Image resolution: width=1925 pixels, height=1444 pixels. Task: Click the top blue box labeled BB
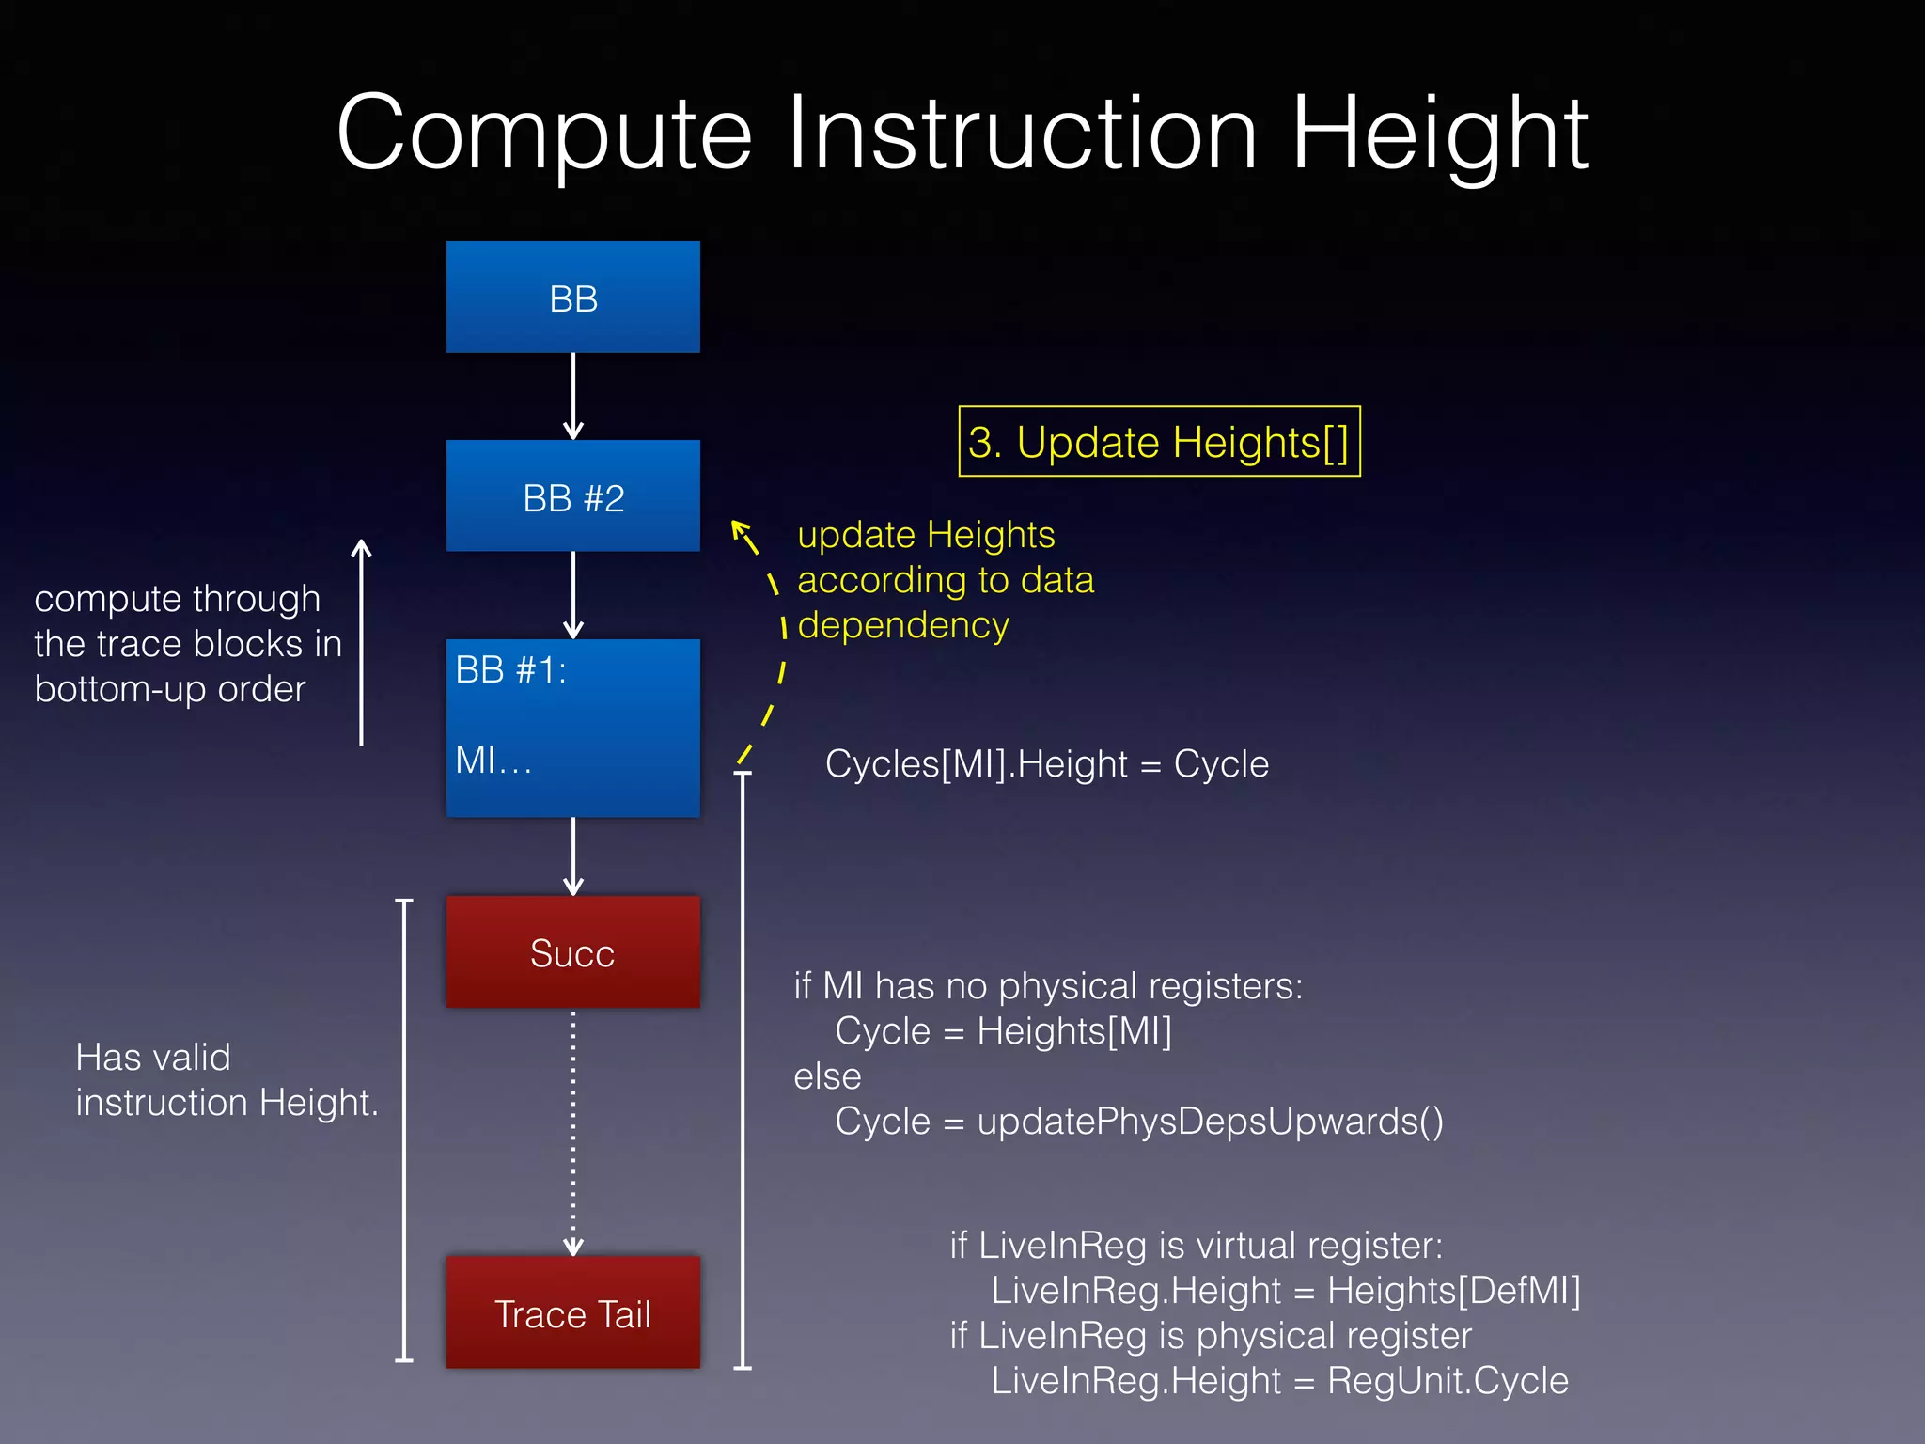coord(572,297)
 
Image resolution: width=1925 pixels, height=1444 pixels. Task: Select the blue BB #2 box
coord(572,496)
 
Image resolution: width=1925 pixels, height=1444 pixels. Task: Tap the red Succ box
coord(572,951)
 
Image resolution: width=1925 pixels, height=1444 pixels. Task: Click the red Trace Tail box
coord(572,1312)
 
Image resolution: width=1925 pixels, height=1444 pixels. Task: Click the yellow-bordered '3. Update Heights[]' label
coord(1159,442)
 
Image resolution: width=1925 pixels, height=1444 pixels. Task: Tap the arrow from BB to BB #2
coord(573,396)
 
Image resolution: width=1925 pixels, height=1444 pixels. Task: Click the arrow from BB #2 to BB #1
coord(573,595)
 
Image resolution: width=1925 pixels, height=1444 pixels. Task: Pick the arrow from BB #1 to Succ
coord(573,855)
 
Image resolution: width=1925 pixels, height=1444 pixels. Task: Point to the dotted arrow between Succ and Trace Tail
coord(573,1133)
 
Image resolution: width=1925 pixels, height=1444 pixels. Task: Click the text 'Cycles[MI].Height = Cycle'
coord(1046,764)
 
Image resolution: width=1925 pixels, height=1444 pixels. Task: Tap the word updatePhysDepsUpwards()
coord(1210,1122)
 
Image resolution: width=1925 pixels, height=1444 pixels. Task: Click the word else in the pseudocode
coord(827,1076)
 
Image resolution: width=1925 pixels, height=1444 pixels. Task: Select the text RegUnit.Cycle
coord(1448,1381)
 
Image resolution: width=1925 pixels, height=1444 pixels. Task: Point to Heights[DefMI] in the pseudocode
coord(1453,1291)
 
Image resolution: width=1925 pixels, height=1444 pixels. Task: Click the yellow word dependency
coord(903,625)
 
